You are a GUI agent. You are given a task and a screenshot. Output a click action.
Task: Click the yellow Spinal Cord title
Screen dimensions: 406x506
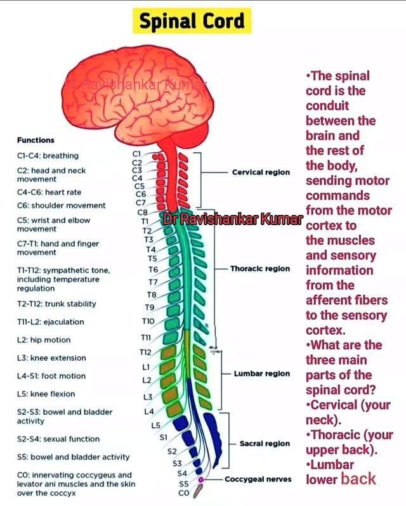coord(192,21)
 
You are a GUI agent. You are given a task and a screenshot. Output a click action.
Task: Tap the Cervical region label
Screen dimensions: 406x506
coord(261,172)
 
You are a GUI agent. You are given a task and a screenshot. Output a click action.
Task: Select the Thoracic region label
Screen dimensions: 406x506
coord(260,269)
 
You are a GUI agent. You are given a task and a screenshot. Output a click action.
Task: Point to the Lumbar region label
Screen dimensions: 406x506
coord(262,373)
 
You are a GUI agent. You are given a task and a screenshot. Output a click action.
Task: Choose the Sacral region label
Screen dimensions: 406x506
coord(265,444)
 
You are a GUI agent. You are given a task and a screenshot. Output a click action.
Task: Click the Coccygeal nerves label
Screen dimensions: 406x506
coord(258,479)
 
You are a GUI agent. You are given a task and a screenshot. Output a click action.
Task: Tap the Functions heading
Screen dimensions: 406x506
coord(36,140)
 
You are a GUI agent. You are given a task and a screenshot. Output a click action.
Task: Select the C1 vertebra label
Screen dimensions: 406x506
coord(136,154)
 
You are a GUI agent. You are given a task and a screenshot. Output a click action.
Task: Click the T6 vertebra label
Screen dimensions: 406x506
coord(154,269)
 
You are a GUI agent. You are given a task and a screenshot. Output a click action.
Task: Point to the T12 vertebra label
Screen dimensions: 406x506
coord(145,352)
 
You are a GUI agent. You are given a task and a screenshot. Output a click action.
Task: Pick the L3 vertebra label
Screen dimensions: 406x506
coord(148,397)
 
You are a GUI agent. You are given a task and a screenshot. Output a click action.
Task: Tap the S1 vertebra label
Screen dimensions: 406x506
coord(164,438)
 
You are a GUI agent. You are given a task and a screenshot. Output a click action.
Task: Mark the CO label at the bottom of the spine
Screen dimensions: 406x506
coord(183,493)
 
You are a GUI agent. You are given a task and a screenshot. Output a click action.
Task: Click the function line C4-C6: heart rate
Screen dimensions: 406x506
coord(49,192)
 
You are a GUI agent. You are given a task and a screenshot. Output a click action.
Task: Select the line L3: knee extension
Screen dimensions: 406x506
coord(51,358)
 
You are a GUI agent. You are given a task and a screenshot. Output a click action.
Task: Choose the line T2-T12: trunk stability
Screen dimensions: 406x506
coord(56,304)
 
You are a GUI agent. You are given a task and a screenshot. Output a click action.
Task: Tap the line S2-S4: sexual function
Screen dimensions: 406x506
coord(58,439)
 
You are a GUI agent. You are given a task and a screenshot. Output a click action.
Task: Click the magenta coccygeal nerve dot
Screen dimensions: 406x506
coord(200,480)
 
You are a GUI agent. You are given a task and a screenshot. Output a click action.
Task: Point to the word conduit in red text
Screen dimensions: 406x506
coord(327,106)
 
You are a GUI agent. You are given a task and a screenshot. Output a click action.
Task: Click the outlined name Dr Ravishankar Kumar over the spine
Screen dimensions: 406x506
coord(233,219)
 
